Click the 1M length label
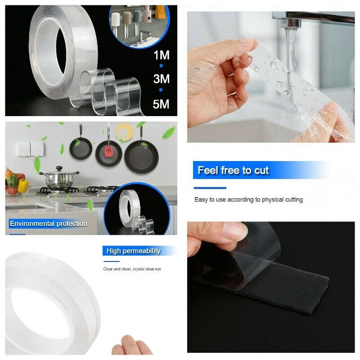point(161,55)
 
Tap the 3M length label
point(161,79)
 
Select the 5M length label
point(161,104)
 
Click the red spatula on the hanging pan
point(108,152)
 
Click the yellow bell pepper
point(23,185)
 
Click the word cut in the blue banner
point(261,171)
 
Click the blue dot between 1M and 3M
point(161,66)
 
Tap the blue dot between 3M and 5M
point(161,90)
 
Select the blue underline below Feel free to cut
point(210,188)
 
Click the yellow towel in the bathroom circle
point(161,12)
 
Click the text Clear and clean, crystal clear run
point(132,269)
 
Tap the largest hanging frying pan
point(141,156)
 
